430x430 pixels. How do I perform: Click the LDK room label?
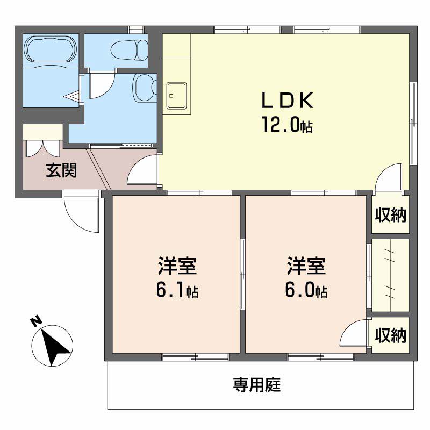tap(287, 101)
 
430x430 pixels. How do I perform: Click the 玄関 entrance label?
tap(61, 170)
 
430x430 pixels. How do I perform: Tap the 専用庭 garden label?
tap(257, 385)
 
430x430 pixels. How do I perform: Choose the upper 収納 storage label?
tap(391, 214)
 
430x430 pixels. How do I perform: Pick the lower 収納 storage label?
tap(391, 335)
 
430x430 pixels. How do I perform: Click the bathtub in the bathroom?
tap(49, 49)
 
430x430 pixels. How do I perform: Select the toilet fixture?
tap(129, 51)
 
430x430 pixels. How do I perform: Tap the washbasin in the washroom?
tap(145, 88)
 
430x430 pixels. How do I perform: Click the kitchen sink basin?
tap(177, 96)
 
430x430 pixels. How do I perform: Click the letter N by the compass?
tap(36, 321)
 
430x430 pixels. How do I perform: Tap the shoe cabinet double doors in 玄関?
tap(42, 148)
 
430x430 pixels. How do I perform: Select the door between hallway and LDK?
tap(143, 170)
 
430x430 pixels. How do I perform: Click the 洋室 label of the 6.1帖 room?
tap(177, 266)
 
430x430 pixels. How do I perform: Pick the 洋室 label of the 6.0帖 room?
tap(306, 266)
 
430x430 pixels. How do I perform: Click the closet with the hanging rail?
tap(391, 275)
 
